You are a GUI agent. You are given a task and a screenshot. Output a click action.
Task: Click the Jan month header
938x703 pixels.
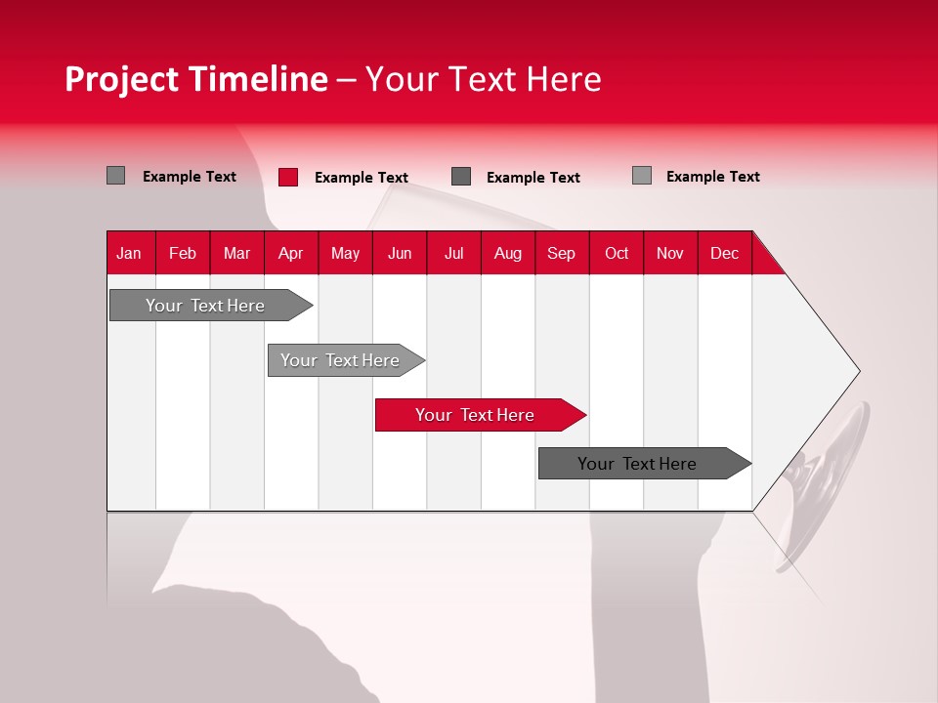(x=129, y=253)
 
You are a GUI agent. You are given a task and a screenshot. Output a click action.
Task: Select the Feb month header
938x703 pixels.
(x=183, y=253)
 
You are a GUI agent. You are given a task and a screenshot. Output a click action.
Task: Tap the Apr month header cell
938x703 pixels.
(x=291, y=253)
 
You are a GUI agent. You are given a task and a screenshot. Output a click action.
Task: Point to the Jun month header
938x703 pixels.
(x=400, y=253)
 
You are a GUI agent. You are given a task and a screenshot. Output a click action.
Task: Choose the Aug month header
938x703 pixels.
(x=508, y=253)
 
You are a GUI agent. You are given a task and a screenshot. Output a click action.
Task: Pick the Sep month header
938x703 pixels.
(x=562, y=253)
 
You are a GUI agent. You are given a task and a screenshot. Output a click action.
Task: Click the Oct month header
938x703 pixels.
(x=617, y=253)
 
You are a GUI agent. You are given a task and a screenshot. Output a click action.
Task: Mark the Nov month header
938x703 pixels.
(x=670, y=253)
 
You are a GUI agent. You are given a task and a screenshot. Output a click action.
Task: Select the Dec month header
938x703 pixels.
(x=725, y=253)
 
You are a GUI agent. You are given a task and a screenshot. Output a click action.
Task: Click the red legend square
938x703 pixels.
(x=288, y=177)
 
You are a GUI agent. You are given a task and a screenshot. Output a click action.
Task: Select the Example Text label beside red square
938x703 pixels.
(x=362, y=178)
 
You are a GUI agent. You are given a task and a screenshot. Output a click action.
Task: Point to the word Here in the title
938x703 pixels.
(x=564, y=79)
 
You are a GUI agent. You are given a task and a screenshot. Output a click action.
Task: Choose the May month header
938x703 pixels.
(x=345, y=253)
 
